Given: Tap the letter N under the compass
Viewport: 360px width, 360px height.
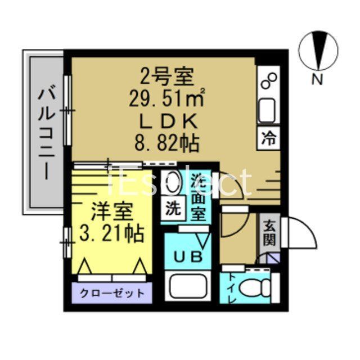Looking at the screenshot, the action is pyautogui.click(x=318, y=80).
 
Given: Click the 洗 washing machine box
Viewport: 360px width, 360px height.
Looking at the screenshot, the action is pyautogui.click(x=172, y=208).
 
